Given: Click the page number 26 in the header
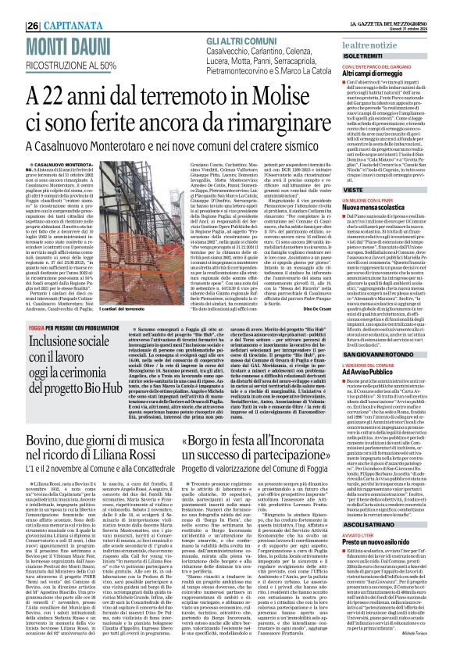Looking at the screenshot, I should click(x=12, y=5).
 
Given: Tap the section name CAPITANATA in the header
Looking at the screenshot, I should click(x=55, y=6).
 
